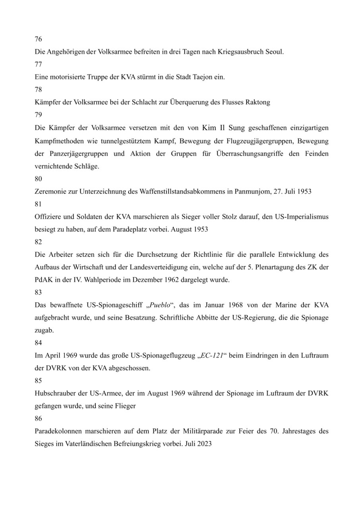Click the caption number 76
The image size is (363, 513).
pos(39,39)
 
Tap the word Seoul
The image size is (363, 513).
pos(274,52)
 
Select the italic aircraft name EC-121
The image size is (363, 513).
pos(211,355)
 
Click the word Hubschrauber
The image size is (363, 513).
pos(54,393)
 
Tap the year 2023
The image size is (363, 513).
pos(204,444)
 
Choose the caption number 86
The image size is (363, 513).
pos(39,419)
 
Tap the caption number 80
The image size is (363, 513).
pos(39,179)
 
